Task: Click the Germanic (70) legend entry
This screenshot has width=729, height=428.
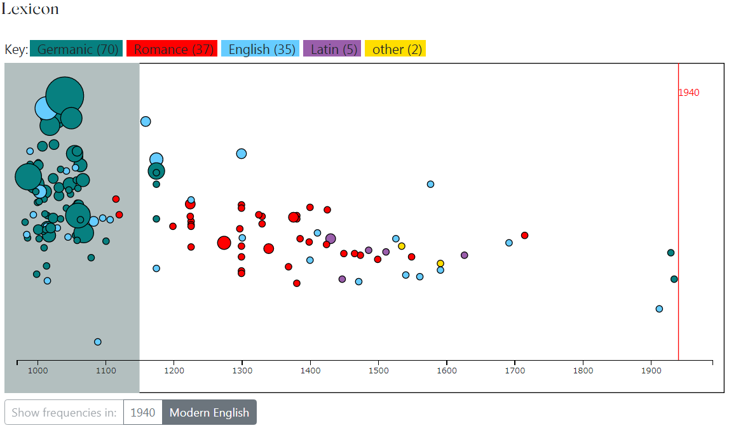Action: point(76,49)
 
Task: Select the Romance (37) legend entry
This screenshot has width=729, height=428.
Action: point(172,49)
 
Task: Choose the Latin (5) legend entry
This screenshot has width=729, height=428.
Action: point(332,49)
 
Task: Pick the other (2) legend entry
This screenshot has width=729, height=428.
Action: point(395,49)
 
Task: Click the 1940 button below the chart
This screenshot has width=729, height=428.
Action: point(142,412)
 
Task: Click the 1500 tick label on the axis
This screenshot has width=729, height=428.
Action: point(378,370)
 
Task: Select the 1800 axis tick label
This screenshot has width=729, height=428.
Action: point(583,370)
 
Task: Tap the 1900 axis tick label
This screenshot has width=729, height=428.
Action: point(651,370)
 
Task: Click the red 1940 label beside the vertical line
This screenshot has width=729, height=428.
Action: point(688,93)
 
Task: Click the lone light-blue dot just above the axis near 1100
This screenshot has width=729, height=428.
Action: point(98,342)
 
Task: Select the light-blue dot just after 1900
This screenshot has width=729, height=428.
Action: point(659,309)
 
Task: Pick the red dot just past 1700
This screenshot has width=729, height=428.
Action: point(524,235)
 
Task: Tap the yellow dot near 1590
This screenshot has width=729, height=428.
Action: point(440,263)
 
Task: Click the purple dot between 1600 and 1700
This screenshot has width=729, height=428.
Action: point(464,255)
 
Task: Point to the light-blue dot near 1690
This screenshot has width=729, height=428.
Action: point(509,243)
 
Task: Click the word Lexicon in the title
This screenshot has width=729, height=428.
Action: point(30,9)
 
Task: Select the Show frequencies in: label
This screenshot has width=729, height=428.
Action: point(64,412)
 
